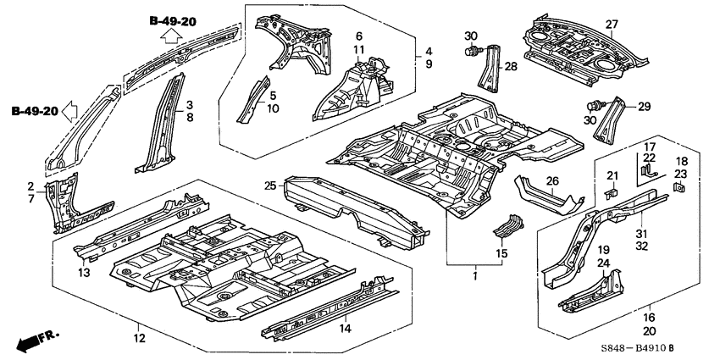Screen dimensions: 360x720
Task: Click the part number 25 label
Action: (x=270, y=186)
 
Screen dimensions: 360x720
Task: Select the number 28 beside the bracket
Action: (x=510, y=66)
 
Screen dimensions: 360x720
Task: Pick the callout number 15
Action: (x=501, y=252)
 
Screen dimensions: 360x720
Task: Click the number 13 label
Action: (x=84, y=273)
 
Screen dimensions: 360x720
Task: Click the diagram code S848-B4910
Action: (x=618, y=346)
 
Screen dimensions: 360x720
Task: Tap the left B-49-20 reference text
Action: (x=35, y=111)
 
